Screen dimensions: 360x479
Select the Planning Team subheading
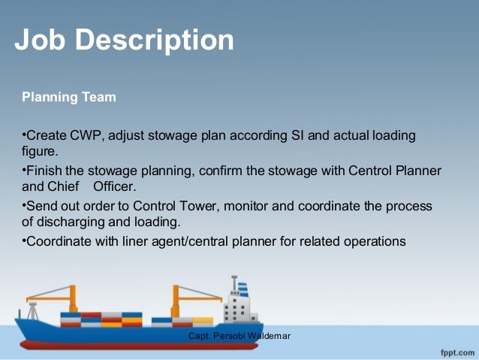tap(69, 97)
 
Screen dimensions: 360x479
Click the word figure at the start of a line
tap(40, 150)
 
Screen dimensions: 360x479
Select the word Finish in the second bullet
tap(44, 171)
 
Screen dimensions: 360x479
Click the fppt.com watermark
tap(455, 351)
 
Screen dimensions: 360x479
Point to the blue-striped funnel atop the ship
tap(242, 287)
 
